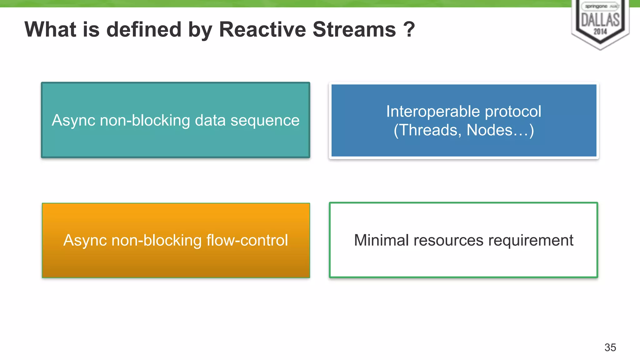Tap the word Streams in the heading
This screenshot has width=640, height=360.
[x=354, y=29]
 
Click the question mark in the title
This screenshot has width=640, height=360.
[x=409, y=29]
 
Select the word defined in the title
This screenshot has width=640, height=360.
[x=144, y=29]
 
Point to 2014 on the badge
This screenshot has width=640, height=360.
[x=600, y=32]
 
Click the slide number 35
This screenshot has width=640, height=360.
[x=610, y=347]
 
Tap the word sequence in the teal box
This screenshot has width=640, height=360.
[x=265, y=121]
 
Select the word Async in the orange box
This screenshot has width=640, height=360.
[x=85, y=240]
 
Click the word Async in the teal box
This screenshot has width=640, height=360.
[x=73, y=121]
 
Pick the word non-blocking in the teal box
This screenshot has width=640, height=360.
[x=145, y=121]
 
